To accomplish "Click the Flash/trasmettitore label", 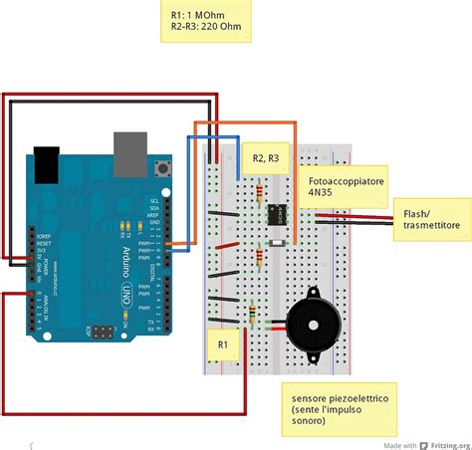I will pyautogui.click(x=431, y=220).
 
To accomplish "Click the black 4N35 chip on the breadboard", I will pyautogui.click(x=276, y=212).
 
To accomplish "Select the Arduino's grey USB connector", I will pyautogui.click(x=126, y=148).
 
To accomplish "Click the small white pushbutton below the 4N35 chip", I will pyautogui.click(x=277, y=242).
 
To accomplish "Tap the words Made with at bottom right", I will pyautogui.click(x=400, y=443).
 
